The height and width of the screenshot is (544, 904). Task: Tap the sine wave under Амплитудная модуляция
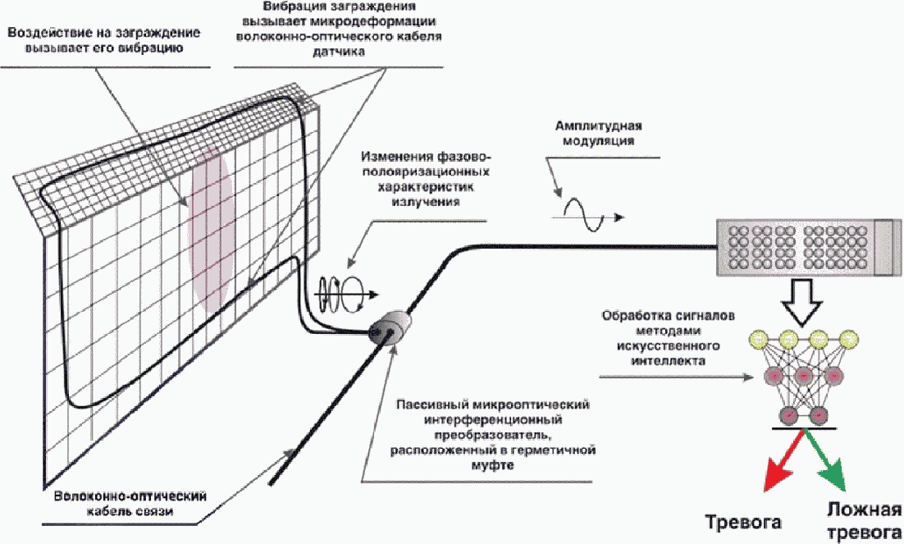(x=582, y=215)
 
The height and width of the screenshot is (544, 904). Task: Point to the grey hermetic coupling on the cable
(x=389, y=328)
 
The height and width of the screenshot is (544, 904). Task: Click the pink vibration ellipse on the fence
(x=210, y=231)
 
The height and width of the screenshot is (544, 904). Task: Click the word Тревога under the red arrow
(x=744, y=522)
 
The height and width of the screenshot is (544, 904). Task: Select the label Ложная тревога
(x=865, y=520)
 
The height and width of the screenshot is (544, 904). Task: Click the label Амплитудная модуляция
(x=599, y=133)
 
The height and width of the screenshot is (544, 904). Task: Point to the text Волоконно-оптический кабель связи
(x=130, y=503)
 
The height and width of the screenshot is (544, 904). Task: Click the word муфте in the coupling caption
(x=492, y=464)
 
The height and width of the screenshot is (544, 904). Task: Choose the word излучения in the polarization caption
(x=426, y=202)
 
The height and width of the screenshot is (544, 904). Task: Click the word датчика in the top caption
(x=339, y=52)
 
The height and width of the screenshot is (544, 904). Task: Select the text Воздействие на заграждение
(x=104, y=32)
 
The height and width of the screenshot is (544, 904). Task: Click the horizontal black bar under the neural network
(x=803, y=428)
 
